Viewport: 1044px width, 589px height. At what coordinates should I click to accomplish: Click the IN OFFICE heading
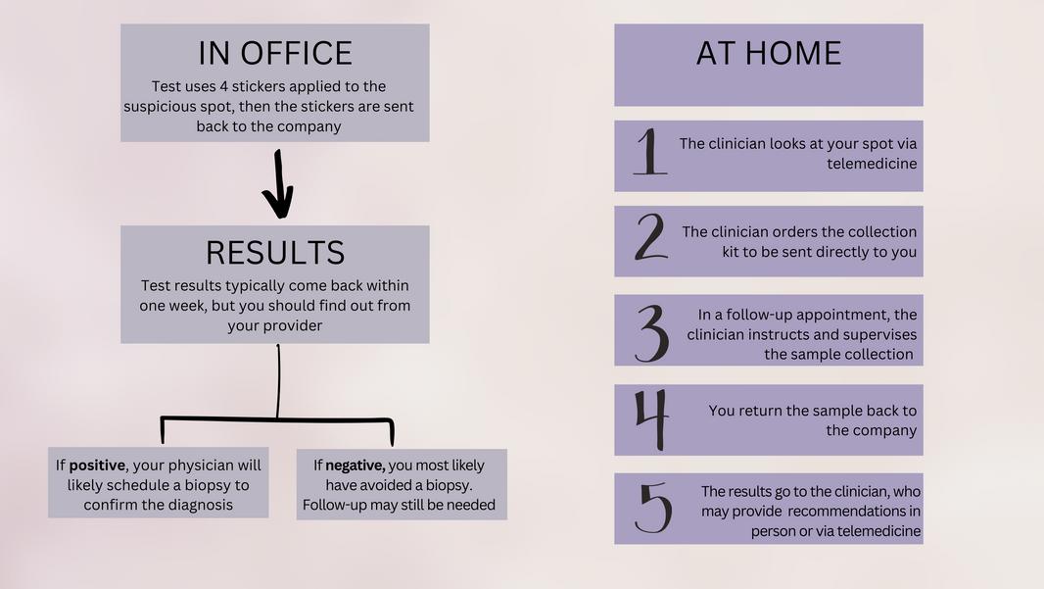(x=274, y=53)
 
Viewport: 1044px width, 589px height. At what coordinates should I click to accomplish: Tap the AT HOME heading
(x=768, y=53)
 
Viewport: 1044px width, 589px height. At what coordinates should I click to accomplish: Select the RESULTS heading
(x=275, y=253)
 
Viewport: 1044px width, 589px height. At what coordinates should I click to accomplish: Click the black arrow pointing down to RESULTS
(x=278, y=184)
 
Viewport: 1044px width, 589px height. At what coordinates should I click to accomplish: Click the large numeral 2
(x=650, y=239)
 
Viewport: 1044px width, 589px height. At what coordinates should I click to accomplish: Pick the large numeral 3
(x=651, y=332)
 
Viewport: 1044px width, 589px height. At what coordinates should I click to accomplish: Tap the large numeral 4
(x=651, y=418)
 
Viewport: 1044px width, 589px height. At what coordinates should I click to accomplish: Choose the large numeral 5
(x=653, y=509)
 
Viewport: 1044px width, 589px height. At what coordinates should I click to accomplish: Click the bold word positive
(x=97, y=465)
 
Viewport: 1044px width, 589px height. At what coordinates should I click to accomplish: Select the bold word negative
(x=355, y=465)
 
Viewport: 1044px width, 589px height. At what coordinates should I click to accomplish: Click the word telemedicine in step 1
(x=872, y=164)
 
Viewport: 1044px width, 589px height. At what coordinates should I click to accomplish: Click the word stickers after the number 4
(x=261, y=86)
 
